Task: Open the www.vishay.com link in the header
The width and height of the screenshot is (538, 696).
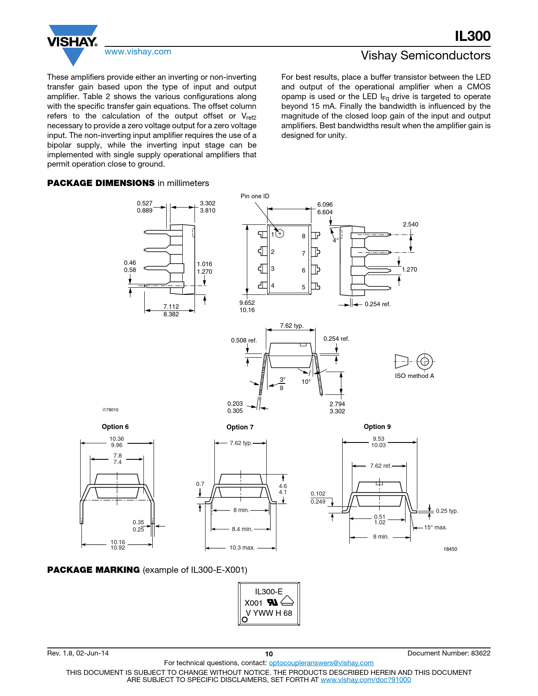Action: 138,52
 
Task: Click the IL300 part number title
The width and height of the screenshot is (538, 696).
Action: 473,36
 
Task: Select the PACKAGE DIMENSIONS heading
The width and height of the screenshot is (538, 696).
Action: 101,183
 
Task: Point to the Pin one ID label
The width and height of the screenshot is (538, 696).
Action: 255,196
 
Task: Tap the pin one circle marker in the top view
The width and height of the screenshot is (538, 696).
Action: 279,233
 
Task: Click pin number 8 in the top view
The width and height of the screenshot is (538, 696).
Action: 303,236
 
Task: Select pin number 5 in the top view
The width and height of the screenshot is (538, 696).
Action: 303,287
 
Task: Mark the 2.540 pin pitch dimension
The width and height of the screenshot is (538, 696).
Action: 410,224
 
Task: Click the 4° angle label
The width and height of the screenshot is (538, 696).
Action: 335,240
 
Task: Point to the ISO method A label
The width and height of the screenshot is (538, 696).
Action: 414,376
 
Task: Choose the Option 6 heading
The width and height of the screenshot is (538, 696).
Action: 115,427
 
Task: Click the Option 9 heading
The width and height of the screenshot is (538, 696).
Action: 377,427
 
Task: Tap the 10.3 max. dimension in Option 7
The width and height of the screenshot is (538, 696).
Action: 242,548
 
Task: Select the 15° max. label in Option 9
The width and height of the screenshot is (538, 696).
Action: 435,527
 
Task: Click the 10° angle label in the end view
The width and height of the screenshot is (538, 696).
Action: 306,382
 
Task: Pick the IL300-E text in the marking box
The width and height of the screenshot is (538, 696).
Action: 269,592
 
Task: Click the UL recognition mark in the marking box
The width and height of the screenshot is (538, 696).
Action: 272,602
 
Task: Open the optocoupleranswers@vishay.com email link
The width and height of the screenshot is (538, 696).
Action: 321,663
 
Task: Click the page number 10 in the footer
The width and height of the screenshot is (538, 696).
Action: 269,654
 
